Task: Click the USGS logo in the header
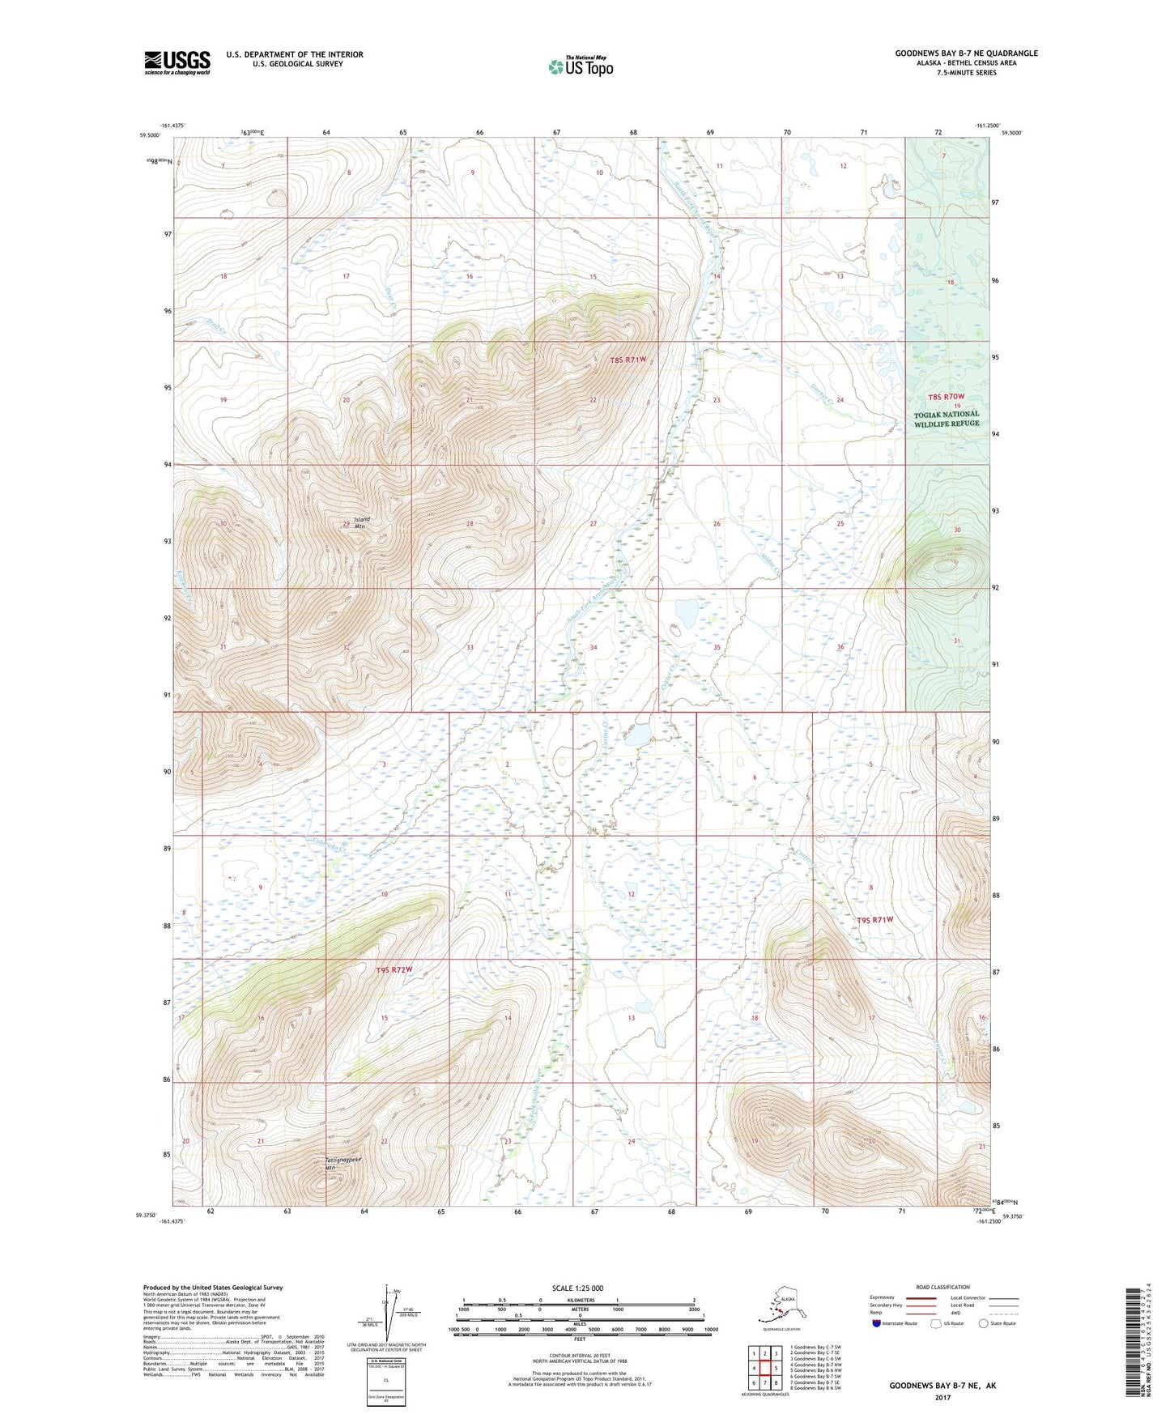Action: pyautogui.click(x=177, y=62)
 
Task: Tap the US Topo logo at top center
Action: pyautogui.click(x=580, y=66)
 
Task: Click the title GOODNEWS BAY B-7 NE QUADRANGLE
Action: pyautogui.click(x=965, y=53)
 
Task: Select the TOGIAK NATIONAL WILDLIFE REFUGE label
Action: pyautogui.click(x=946, y=419)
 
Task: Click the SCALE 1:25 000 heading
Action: pyautogui.click(x=576, y=1288)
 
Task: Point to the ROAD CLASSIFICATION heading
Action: pyautogui.click(x=942, y=1287)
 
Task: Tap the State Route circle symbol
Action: pyautogui.click(x=984, y=1323)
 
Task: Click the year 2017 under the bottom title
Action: pyautogui.click(x=942, y=1396)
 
